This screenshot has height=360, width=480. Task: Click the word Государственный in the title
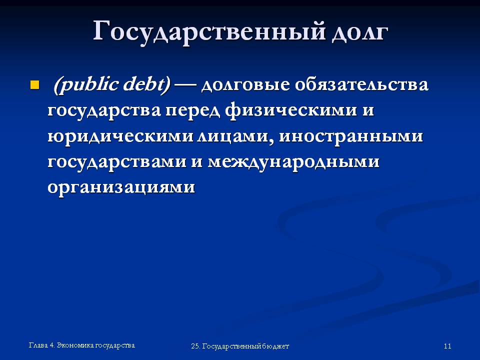tap(209, 31)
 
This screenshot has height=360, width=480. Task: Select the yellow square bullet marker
tap(34, 85)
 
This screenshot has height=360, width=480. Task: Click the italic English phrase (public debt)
tap(111, 84)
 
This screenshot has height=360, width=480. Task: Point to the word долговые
tap(245, 85)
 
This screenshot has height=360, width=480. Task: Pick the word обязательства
tap(361, 84)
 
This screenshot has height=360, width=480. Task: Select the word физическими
tap(291, 110)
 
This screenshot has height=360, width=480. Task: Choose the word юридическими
tap(120, 136)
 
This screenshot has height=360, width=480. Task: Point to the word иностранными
tap(351, 136)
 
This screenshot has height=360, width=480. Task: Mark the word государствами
tap(117, 162)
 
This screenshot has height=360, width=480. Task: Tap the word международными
tap(293, 162)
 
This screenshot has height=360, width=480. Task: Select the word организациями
tap(121, 187)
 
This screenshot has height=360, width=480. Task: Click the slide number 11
tap(447, 346)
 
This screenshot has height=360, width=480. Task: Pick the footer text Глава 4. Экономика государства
tap(81, 345)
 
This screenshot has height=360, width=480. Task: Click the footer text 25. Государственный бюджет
tap(240, 346)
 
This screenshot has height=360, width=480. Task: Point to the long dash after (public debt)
tap(185, 85)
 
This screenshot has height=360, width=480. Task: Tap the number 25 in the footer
tap(195, 346)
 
